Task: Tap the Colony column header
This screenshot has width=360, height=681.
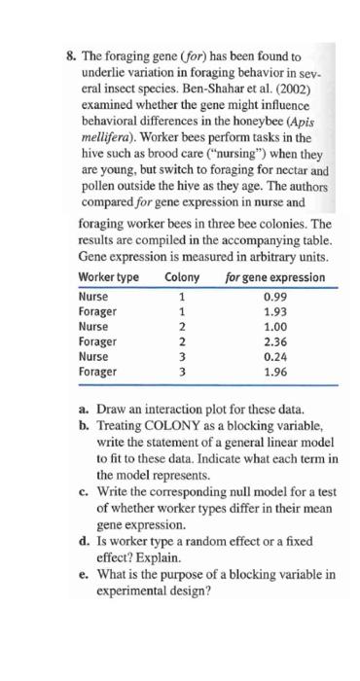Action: point(182,276)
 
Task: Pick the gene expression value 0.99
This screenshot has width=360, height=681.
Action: point(275,296)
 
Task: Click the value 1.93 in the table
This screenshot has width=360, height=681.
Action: point(275,310)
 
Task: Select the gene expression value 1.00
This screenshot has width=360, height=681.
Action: point(275,326)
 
